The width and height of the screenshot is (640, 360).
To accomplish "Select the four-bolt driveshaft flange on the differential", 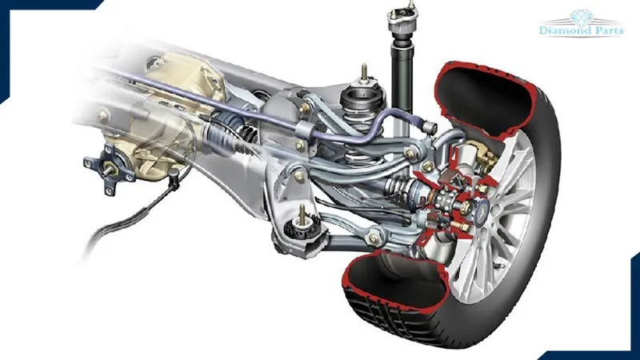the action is pyautogui.click(x=110, y=168).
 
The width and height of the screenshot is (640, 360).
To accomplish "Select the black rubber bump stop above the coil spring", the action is pyautogui.click(x=362, y=98).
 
